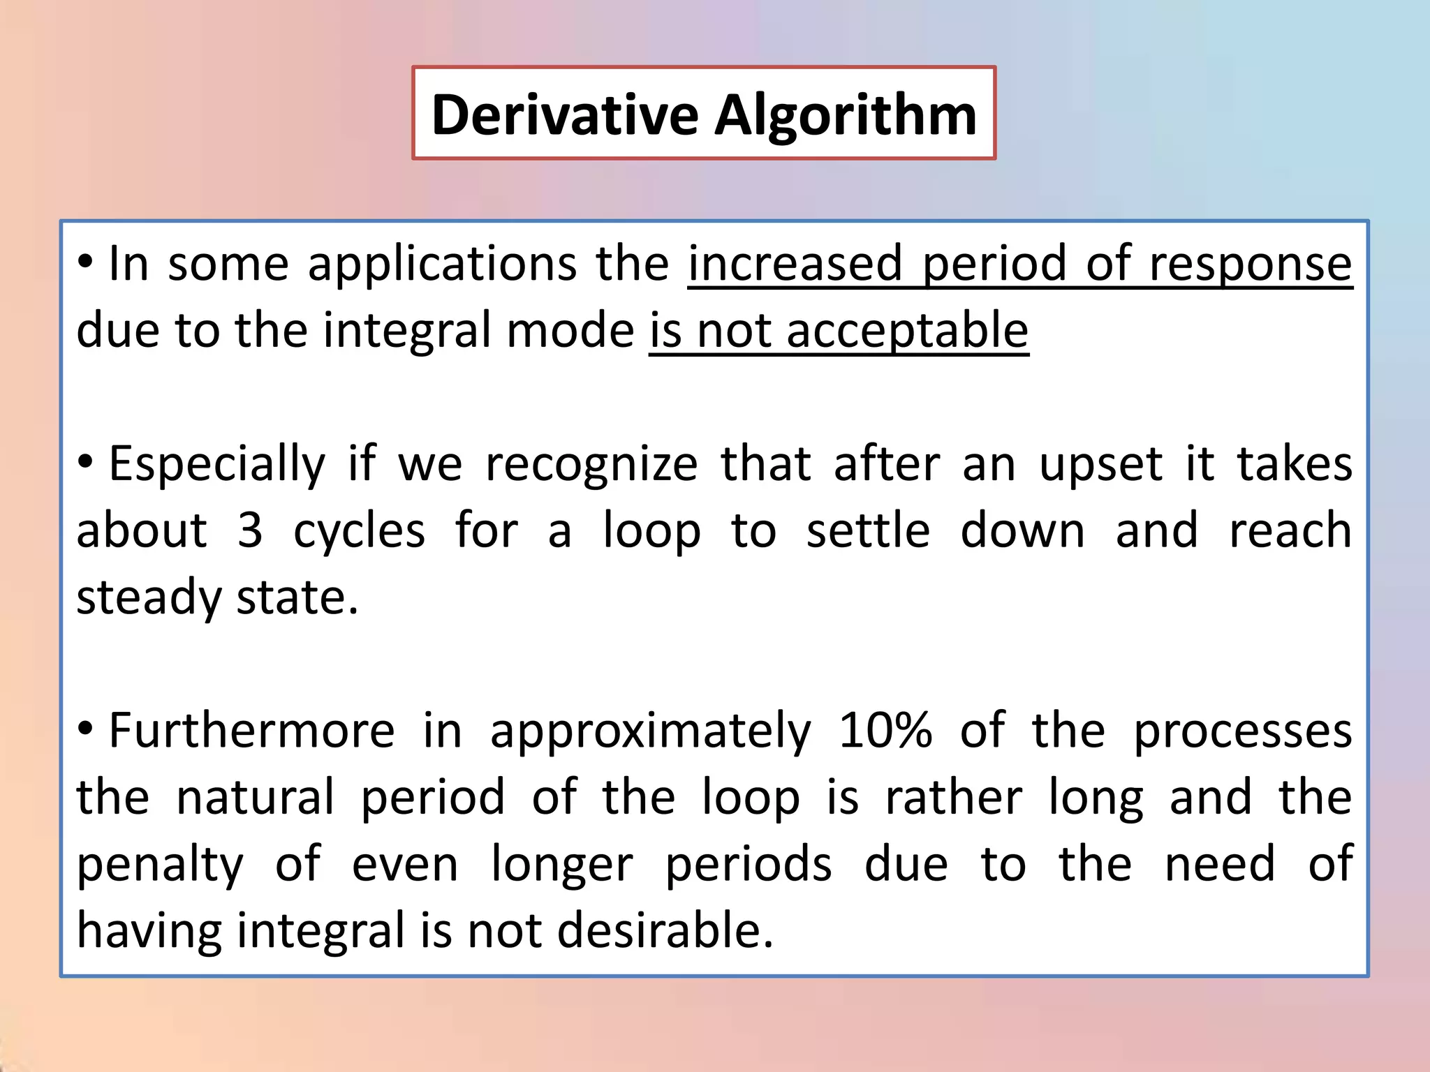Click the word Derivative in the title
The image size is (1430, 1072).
[564, 114]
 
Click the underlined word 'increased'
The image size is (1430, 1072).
[795, 264]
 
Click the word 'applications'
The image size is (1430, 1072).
[442, 264]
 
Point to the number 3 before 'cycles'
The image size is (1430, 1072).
[250, 530]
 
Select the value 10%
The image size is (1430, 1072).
[885, 731]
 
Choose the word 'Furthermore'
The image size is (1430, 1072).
[251, 731]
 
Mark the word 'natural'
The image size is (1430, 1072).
[255, 798]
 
